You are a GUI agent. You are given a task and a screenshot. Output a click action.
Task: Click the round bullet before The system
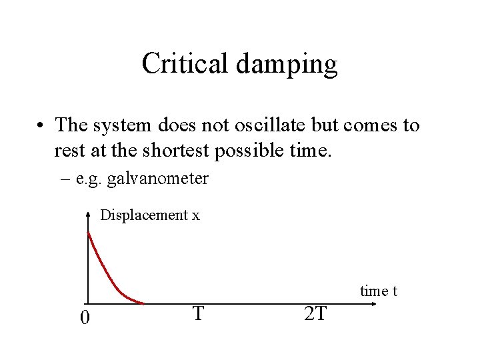point(42,126)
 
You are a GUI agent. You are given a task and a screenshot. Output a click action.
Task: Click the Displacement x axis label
point(149,215)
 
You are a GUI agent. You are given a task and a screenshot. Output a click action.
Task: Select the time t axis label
point(379,291)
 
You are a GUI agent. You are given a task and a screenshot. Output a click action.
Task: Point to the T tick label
point(197,313)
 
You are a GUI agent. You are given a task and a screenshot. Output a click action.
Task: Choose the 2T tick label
point(315,313)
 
